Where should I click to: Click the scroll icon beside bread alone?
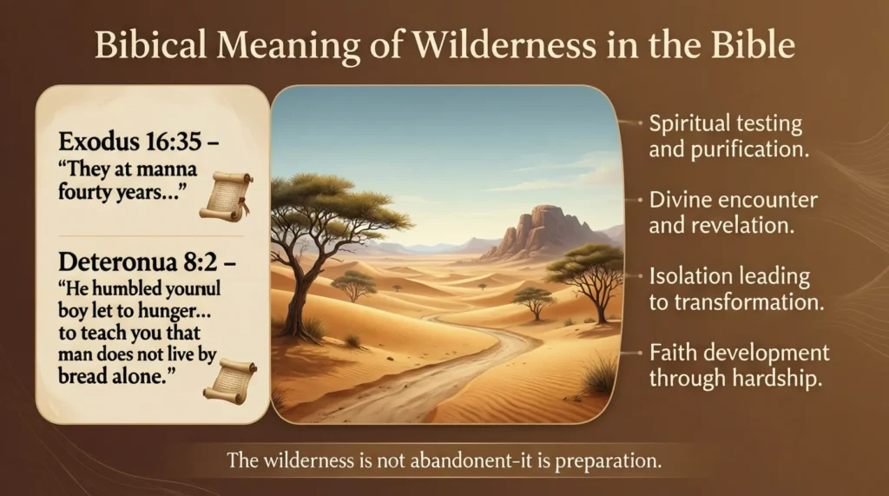[x=229, y=381]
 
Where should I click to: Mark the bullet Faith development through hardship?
[x=739, y=365]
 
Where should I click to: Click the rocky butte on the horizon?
[x=537, y=232]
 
